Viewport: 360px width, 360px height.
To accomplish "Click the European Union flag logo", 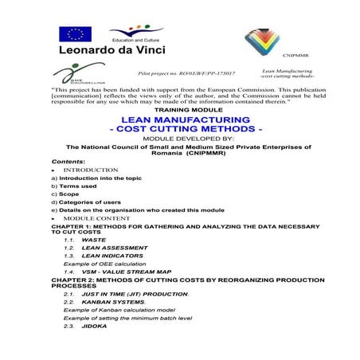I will [75, 33].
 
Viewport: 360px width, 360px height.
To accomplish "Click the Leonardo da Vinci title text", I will [112, 51].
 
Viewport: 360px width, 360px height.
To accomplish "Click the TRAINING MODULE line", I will [180, 108].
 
